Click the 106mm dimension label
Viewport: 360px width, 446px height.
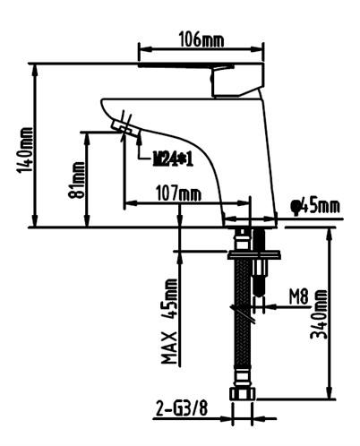coord(201,40)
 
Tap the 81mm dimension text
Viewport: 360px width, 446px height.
coord(78,179)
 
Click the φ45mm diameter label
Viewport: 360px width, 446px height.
coord(315,207)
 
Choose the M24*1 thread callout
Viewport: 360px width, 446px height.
coord(174,159)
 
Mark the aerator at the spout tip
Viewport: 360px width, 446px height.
coord(125,131)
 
